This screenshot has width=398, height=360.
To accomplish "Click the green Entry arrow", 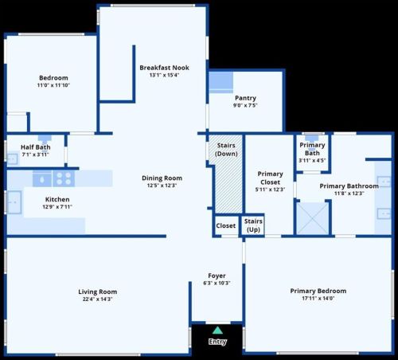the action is point(217,331).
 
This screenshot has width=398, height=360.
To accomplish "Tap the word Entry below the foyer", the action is point(217,342).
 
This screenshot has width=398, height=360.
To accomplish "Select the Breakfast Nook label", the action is point(164,68).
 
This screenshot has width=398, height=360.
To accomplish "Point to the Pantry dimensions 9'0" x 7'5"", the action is point(245,105).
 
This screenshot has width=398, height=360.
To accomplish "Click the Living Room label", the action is point(98,292).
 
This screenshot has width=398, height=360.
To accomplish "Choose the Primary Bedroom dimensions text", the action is point(318,299).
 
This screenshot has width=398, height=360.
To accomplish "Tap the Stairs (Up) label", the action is point(253,225).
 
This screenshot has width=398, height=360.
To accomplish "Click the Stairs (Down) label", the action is point(226,150).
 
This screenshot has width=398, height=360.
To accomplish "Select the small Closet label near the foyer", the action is point(226,225).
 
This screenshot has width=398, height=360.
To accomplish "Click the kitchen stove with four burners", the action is point(64,178).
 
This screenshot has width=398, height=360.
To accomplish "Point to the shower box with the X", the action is point(312,218).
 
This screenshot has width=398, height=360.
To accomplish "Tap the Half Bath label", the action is point(36,147).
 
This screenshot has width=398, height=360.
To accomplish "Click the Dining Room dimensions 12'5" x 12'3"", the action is point(162,186).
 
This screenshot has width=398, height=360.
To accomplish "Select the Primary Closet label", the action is point(270,178).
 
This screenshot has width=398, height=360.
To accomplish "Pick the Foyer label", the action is point(217,276).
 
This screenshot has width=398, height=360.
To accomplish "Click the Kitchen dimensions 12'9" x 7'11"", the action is point(57,207).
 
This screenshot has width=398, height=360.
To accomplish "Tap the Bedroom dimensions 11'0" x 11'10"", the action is point(53,85).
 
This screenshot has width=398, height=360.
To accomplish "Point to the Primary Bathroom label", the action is point(349,186).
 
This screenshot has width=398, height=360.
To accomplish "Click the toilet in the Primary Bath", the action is point(311,139).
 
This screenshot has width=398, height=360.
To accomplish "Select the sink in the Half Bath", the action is point(13,158).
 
